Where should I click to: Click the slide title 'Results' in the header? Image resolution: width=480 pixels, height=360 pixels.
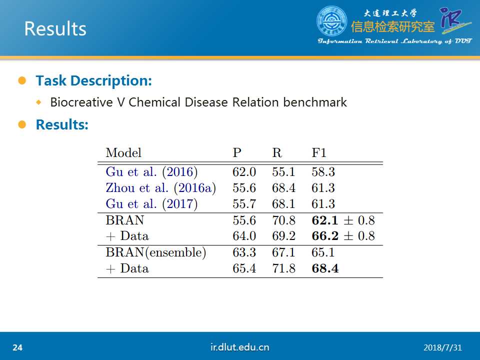pyautogui.click(x=55, y=29)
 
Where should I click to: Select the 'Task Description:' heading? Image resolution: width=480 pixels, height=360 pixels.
pyautogui.click(x=93, y=81)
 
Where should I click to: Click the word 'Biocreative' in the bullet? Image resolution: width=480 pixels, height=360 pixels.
pyautogui.click(x=81, y=102)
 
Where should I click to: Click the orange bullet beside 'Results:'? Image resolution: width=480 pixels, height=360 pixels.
pyautogui.click(x=22, y=124)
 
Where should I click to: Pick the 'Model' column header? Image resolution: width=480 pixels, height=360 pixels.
pyautogui.click(x=123, y=152)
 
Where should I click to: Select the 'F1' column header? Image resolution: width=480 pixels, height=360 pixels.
pyautogui.click(x=319, y=152)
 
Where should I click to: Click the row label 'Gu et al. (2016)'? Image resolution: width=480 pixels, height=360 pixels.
pyautogui.click(x=151, y=171)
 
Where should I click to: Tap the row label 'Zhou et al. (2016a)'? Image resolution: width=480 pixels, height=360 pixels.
pyautogui.click(x=160, y=187)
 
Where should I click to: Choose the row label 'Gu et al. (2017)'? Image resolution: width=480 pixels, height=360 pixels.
pyautogui.click(x=151, y=203)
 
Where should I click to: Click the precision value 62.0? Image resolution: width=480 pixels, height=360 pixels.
pyautogui.click(x=244, y=171)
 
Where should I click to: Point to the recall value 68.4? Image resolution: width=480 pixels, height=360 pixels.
pyautogui.click(x=283, y=187)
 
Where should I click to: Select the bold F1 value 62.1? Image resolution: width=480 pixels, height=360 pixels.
pyautogui.click(x=325, y=220)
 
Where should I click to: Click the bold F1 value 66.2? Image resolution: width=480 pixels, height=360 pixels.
pyautogui.click(x=325, y=235)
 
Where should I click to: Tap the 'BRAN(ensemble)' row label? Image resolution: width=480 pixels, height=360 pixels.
pyautogui.click(x=156, y=252)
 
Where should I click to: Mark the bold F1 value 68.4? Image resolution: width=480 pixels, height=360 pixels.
pyautogui.click(x=325, y=268)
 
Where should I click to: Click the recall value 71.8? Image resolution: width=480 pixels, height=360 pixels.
pyautogui.click(x=283, y=268)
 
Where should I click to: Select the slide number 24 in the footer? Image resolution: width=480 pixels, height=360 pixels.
pyautogui.click(x=17, y=347)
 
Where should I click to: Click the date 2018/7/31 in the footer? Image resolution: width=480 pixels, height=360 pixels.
pyautogui.click(x=442, y=347)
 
